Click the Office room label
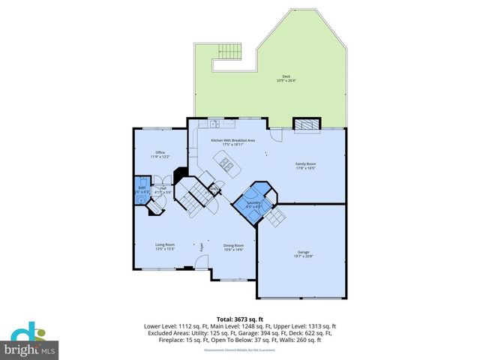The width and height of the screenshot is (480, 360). (x=160, y=152)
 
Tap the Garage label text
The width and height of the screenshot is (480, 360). (x=303, y=253)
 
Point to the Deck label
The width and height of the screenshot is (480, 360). (x=286, y=76)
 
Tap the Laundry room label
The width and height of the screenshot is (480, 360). (x=253, y=202)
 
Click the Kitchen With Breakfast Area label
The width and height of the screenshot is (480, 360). (x=232, y=141)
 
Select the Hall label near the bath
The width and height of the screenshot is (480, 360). (x=163, y=188)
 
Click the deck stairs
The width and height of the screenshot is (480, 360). (x=229, y=52)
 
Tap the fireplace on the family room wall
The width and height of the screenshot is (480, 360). (x=304, y=124)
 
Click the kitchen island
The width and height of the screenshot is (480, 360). (x=226, y=160)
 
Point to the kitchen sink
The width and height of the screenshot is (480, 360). (x=214, y=124)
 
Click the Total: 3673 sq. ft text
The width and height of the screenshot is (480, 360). (x=239, y=319)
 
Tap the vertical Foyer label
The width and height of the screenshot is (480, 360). (x=201, y=245)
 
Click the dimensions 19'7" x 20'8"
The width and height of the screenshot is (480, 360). (x=303, y=257)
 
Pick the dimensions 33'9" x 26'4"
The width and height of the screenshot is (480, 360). (x=286, y=81)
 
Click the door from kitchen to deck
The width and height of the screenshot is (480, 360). (x=250, y=118)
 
